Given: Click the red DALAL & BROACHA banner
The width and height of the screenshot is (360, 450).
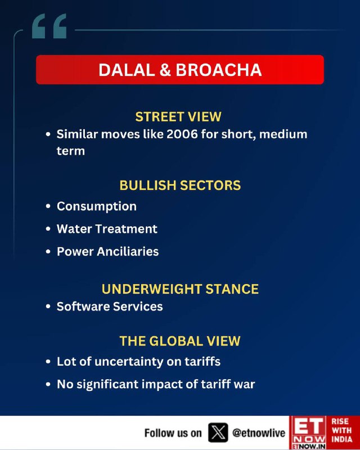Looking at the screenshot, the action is [180, 70].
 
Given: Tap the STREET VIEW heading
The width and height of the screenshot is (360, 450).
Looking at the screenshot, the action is [178, 117].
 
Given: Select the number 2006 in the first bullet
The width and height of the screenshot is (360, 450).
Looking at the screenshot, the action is [182, 134].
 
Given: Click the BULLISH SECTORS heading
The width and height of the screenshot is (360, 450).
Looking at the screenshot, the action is [180, 186].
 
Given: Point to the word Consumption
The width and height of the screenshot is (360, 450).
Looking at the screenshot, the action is [97, 206].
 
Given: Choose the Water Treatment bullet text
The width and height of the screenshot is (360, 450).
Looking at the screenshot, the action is [107, 229].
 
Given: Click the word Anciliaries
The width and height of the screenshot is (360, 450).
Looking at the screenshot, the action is [128, 251].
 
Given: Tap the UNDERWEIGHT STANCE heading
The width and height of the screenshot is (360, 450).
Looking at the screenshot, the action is [180, 289].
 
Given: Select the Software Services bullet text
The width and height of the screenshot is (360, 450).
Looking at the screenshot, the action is [110, 307].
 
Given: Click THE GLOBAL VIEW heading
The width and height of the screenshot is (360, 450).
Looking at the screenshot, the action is [180, 341].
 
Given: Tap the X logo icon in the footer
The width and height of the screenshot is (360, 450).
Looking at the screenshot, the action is [218, 433].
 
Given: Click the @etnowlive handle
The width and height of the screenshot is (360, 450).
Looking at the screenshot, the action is [259, 433].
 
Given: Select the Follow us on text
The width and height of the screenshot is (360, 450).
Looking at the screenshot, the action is [173, 433].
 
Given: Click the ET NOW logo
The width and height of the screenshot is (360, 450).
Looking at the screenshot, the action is [308, 433].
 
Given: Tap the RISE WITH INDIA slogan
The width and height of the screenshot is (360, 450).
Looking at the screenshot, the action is [341, 430].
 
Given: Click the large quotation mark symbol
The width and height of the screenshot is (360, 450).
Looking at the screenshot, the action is [49, 26].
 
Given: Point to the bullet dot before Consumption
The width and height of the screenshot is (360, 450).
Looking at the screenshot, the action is [48, 206].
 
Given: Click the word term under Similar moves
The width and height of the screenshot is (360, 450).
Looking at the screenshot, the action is [71, 151].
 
